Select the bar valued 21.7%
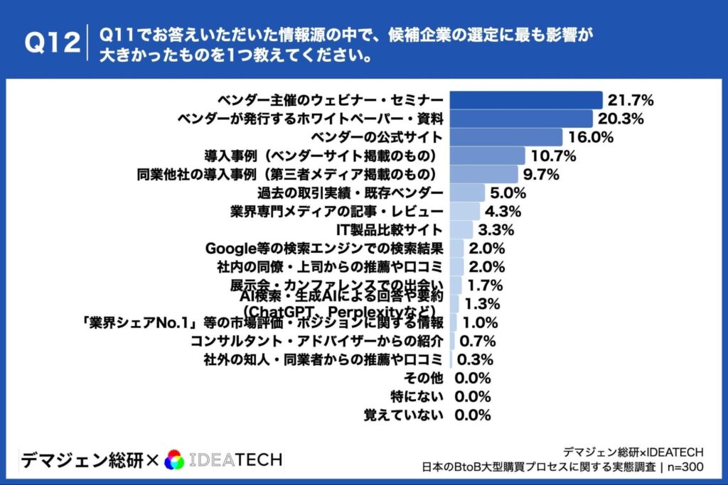pos(527,99)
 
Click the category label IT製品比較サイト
pos(390,229)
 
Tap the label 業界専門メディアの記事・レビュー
pos(337,211)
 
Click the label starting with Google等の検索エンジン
pos(324,249)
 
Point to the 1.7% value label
pos(487,285)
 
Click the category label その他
pos(423,378)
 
